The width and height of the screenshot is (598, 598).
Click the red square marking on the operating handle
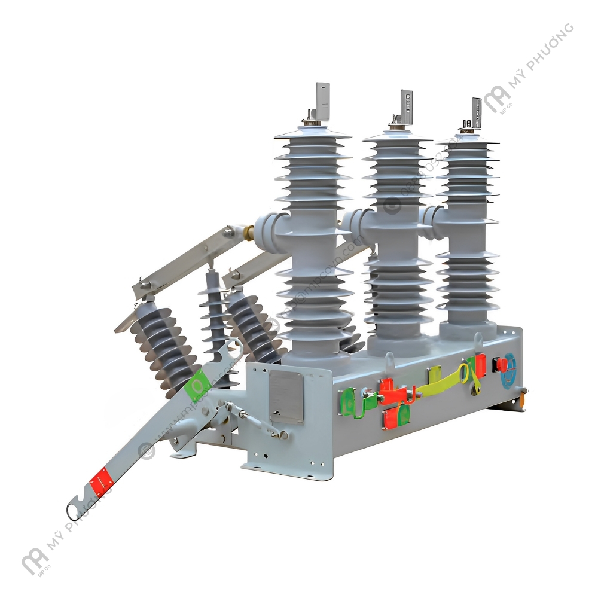[100, 481]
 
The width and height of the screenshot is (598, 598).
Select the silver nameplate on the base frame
[285, 396]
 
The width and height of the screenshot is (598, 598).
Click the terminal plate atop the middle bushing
[406, 106]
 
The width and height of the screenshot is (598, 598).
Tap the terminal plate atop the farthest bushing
[476, 113]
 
